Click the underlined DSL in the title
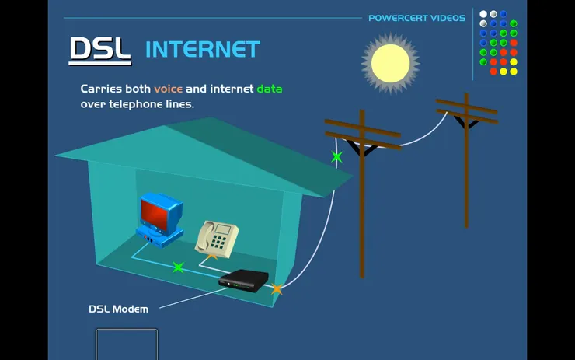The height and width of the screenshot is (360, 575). tap(99, 49)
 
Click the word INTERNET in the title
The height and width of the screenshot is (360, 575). tap(202, 50)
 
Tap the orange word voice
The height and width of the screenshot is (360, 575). tap(168, 89)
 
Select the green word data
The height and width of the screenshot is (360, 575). tap(270, 89)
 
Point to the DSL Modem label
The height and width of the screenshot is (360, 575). tap(118, 309)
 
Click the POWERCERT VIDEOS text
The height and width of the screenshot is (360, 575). tap(416, 18)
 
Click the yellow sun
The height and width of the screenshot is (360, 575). tap(390, 63)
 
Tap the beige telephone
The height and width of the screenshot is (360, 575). tap(217, 237)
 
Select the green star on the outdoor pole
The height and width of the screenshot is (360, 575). tap(336, 157)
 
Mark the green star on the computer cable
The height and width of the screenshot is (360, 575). tap(179, 267)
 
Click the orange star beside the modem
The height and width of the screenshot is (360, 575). tap(277, 289)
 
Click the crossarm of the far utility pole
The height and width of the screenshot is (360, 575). tap(466, 110)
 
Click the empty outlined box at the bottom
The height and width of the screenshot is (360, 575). tap(127, 344)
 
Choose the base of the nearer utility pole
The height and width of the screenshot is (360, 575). tap(361, 272)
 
